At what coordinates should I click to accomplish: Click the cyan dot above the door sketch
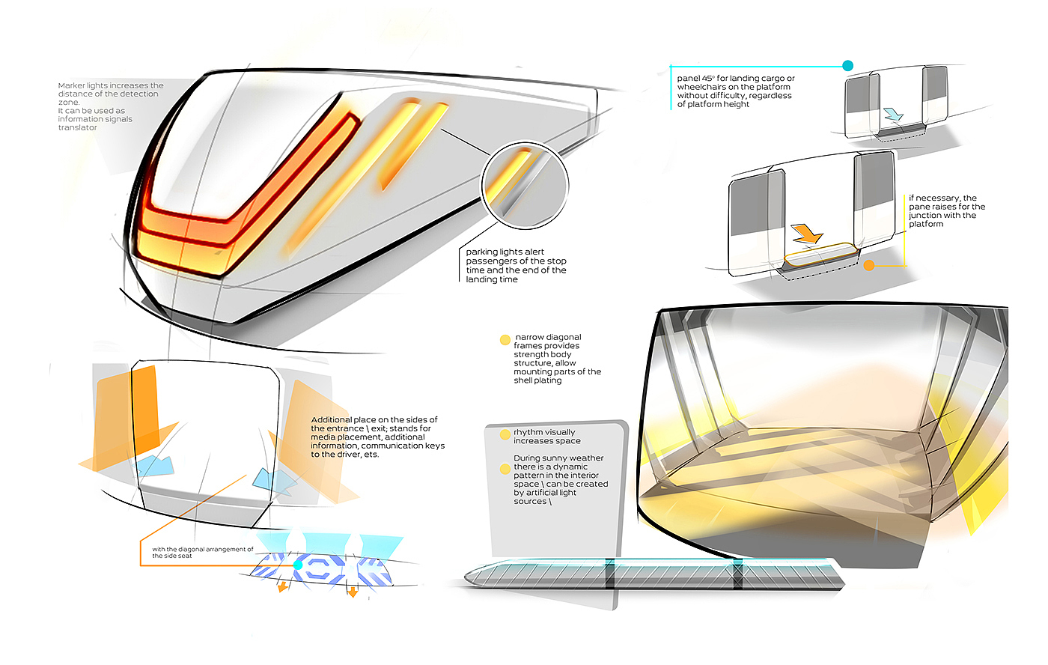[847, 66]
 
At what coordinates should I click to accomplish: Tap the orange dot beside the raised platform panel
[869, 265]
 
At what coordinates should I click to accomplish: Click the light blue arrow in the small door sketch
[893, 114]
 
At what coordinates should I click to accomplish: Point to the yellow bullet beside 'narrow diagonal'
[505, 340]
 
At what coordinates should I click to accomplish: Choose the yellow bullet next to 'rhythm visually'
[505, 434]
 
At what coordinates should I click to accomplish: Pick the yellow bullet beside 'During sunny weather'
[505, 469]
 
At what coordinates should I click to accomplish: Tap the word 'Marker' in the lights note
[71, 85]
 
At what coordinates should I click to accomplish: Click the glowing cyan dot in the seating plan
[297, 565]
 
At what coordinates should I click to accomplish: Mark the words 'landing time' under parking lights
[492, 279]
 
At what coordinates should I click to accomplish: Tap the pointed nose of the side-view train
[468, 576]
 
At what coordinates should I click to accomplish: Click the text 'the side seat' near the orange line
[172, 556]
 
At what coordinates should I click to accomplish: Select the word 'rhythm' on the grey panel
[527, 432]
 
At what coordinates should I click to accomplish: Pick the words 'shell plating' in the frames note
[537, 380]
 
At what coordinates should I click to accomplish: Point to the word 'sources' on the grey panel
[530, 501]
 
